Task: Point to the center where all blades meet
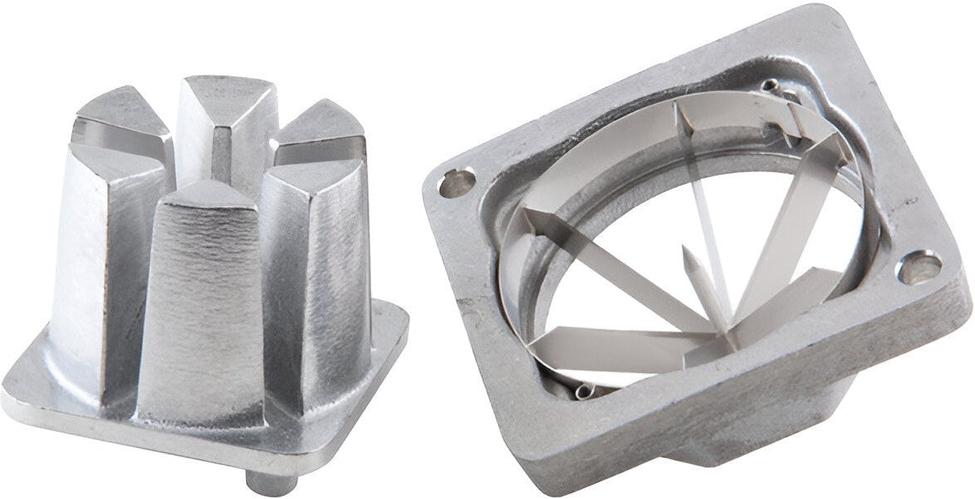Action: pyautogui.click(x=722, y=332)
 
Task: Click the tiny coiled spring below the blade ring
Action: pyautogui.click(x=585, y=390)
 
